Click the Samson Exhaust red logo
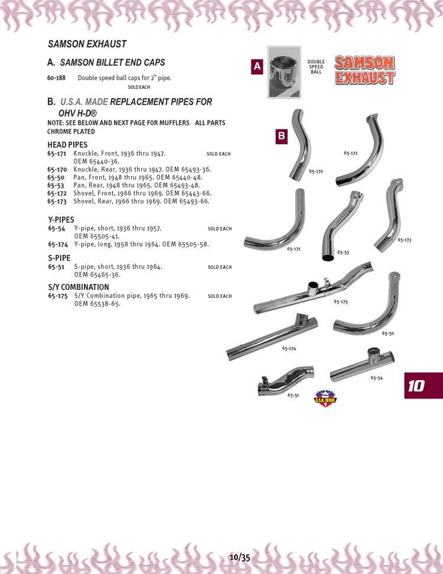click(x=364, y=70)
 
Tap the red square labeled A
click(x=257, y=67)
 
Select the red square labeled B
click(x=282, y=137)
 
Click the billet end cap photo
click(x=284, y=72)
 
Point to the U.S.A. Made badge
click(x=322, y=398)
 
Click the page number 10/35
click(x=240, y=557)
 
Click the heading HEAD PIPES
click(x=67, y=145)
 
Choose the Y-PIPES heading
click(x=61, y=220)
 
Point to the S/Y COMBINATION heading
click(x=78, y=287)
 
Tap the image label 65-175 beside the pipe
click(x=340, y=302)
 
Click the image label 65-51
click(x=293, y=395)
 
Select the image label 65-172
click(x=350, y=153)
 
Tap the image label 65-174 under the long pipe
click(x=289, y=349)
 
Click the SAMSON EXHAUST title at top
click(x=87, y=44)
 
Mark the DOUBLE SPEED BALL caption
click(x=316, y=67)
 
